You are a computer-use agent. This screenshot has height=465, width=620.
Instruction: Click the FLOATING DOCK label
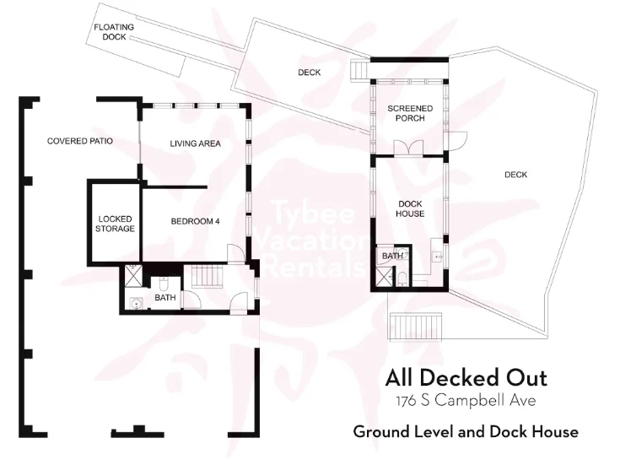[114, 32]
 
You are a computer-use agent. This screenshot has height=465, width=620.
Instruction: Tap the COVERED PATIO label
[80, 141]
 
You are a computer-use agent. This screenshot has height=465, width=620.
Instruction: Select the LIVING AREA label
[196, 143]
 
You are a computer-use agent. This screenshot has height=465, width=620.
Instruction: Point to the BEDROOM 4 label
[195, 221]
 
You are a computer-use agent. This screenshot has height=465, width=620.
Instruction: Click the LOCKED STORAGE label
[115, 224]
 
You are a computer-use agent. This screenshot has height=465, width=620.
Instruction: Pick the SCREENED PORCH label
[410, 113]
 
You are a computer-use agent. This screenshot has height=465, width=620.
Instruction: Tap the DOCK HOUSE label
[410, 208]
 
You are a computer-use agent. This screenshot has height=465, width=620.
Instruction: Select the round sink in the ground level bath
[136, 304]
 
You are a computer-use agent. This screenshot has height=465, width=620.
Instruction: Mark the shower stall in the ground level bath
[131, 276]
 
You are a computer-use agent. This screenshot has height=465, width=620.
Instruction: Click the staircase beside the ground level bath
[208, 276]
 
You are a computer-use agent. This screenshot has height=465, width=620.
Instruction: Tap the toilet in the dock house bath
[402, 278]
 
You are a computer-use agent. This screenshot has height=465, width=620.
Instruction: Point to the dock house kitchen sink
[437, 257]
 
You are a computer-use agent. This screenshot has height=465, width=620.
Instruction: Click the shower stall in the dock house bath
[383, 276]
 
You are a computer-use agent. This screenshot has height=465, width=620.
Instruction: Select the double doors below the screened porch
[409, 149]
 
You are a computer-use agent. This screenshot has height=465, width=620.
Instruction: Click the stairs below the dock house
[416, 326]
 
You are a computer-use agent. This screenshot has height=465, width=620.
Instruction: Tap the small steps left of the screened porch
[360, 70]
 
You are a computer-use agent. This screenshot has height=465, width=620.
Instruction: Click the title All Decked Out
[466, 378]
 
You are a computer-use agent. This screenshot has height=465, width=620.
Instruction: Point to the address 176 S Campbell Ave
[466, 401]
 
